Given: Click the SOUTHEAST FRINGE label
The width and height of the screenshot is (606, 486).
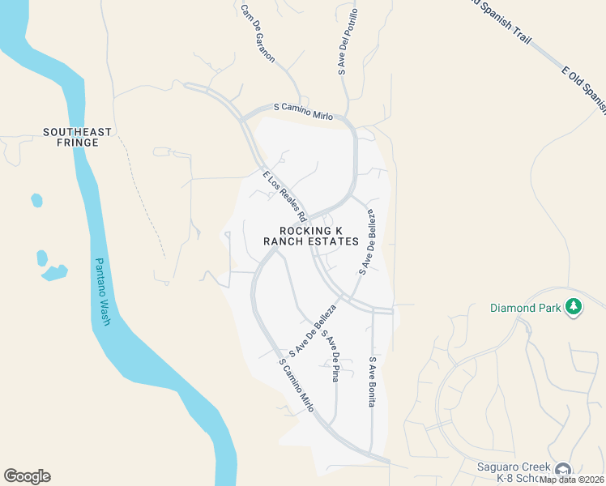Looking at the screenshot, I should tap(71, 137).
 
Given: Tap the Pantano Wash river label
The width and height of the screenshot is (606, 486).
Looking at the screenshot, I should tap(102, 292).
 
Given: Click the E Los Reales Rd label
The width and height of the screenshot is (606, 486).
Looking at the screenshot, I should tap(284, 196).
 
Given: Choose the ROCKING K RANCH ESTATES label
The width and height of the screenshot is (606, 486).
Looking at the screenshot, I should tap(310, 236).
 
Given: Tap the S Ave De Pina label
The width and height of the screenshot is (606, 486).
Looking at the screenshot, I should tap(330, 356).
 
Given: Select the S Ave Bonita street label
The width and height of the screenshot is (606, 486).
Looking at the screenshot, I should tap(373, 382).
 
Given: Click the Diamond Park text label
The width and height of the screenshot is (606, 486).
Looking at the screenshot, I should tap(524, 308).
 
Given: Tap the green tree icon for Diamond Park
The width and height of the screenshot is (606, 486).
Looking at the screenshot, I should tap(574, 306).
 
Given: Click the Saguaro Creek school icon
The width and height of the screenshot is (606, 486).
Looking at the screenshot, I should tap(562, 469).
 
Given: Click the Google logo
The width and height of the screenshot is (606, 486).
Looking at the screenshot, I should tap(27, 476).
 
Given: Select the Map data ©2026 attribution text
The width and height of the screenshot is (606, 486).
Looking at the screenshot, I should tap(571, 479).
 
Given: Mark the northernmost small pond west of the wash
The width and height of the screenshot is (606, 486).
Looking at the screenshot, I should tap(36, 199).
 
